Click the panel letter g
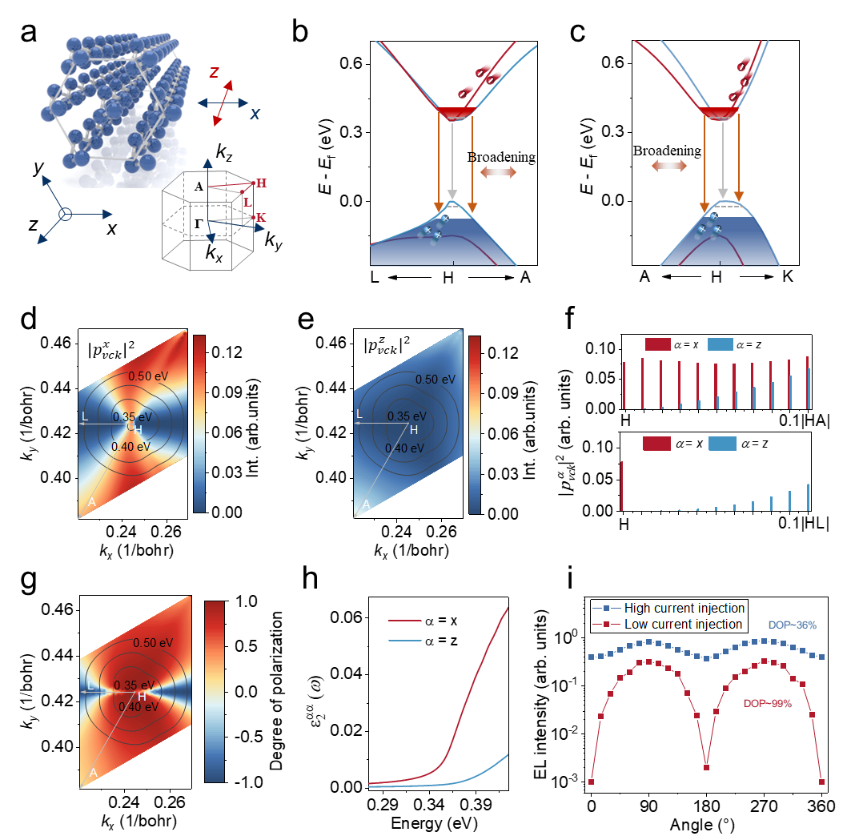[29, 581]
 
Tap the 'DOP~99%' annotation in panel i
[768, 704]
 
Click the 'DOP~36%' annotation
[793, 625]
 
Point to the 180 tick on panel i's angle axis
[707, 806]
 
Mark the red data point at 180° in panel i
[707, 767]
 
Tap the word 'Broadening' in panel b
[501, 157]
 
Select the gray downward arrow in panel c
[722, 160]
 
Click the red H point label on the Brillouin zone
[262, 183]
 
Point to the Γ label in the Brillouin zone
[199, 223]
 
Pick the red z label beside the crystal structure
[215, 72]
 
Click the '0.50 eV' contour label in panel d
[148, 376]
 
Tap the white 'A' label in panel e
[367, 504]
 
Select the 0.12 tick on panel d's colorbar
[227, 352]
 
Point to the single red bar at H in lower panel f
[621, 486]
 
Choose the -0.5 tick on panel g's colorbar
[248, 737]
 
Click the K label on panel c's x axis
[788, 277]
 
